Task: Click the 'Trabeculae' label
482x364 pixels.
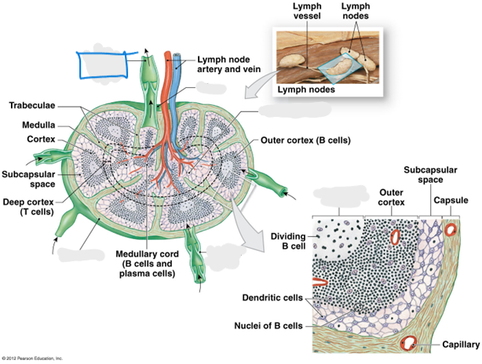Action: tap(32, 105)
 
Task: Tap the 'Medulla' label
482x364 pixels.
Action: tap(38, 125)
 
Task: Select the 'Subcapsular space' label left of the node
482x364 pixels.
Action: tap(28, 179)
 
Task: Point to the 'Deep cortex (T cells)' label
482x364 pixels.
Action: tap(28, 207)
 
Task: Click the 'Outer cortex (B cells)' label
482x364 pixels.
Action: tap(305, 140)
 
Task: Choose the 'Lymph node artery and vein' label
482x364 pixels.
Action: tap(228, 64)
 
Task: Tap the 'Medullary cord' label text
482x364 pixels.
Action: tap(147, 254)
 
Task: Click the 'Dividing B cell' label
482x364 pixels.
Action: tap(288, 241)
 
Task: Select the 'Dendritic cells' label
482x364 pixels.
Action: tap(272, 297)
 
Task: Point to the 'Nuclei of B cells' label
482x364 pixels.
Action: tap(268, 326)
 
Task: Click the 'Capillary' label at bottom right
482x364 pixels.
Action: tap(461, 344)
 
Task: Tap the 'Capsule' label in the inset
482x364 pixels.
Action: tap(451, 200)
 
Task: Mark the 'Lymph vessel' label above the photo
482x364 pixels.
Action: tap(307, 11)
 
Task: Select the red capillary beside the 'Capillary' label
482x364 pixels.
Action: tap(408, 343)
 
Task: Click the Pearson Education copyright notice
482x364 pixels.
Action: tap(32, 359)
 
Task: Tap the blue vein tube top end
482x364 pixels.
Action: tap(177, 56)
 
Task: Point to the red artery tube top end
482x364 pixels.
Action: tap(167, 53)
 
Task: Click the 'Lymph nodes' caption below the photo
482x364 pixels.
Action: tap(306, 89)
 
